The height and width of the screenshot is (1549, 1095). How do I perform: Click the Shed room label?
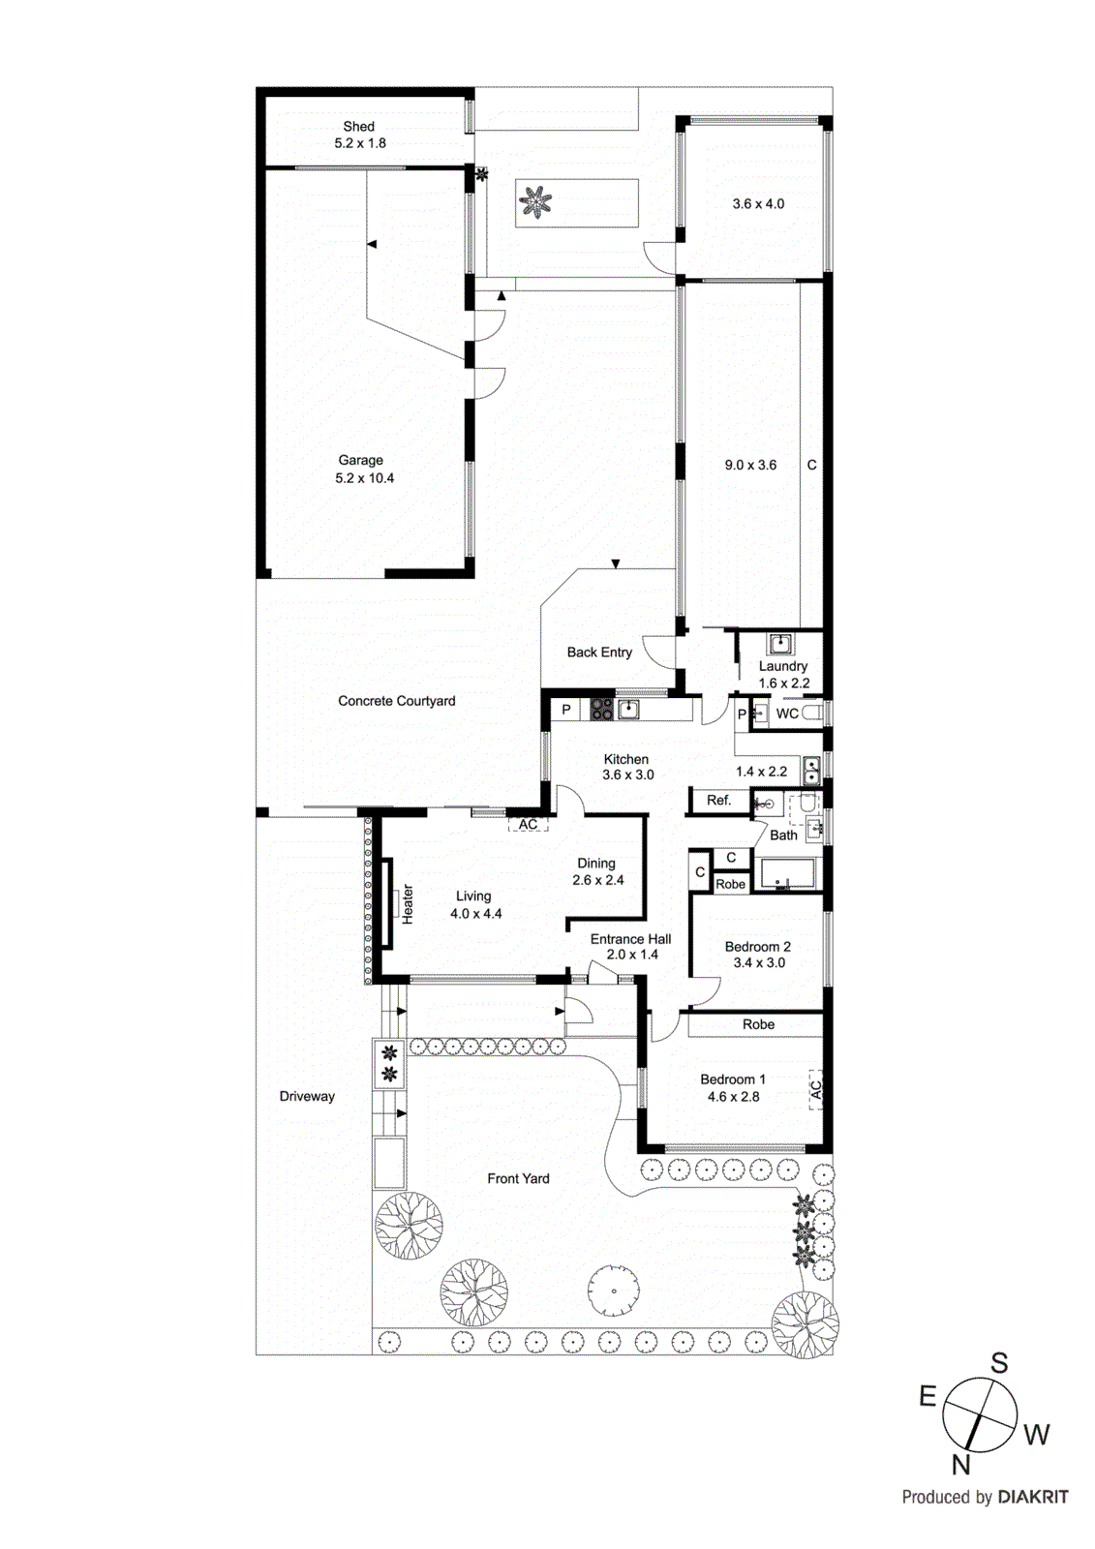358,127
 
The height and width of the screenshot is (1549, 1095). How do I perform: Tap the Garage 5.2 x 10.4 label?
363,470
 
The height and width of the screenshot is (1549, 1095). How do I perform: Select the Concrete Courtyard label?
396,701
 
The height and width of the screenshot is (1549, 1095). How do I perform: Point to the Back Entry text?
599,653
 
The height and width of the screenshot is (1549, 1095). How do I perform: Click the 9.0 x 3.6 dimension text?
750,466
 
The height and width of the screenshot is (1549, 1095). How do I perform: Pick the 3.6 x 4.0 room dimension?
758,204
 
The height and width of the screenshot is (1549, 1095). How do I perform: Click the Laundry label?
782,666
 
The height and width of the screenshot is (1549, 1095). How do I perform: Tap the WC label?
787,714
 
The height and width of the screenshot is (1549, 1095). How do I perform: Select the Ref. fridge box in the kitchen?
719,801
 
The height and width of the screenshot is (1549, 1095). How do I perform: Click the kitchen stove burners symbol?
601,710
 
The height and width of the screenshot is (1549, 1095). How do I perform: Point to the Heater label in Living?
408,904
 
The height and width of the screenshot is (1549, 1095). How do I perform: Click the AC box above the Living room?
528,825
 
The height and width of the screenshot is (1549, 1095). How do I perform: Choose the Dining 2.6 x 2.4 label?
597,871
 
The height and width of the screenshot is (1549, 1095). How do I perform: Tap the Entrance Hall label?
630,939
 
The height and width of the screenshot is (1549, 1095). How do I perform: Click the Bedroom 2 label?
757,947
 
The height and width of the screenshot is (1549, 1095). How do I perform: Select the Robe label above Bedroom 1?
758,1024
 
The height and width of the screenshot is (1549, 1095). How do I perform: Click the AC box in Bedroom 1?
815,1089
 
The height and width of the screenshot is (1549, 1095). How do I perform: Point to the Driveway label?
307,1097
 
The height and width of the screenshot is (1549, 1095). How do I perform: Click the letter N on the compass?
960,1466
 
